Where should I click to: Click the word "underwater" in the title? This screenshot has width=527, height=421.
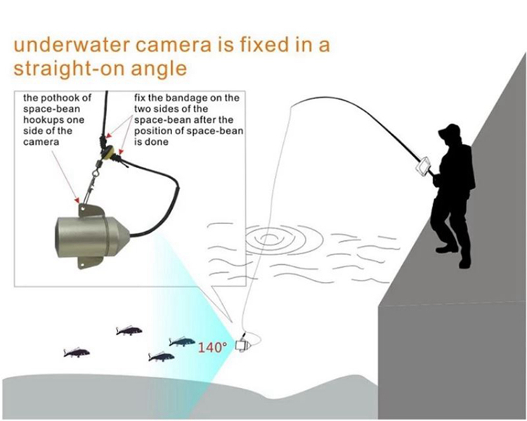point(71,45)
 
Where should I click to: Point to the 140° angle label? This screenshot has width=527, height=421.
point(210,347)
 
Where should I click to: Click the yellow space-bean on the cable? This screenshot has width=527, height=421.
point(108,152)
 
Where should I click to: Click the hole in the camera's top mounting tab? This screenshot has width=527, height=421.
point(83,209)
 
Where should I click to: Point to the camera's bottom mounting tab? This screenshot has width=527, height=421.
point(90,262)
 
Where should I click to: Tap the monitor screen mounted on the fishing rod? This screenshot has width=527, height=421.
point(423,166)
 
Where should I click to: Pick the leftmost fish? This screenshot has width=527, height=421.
point(77,352)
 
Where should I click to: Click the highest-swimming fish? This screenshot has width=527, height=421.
point(129,331)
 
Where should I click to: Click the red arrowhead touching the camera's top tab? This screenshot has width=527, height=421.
point(77,200)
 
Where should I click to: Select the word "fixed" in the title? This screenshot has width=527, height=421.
point(264,45)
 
